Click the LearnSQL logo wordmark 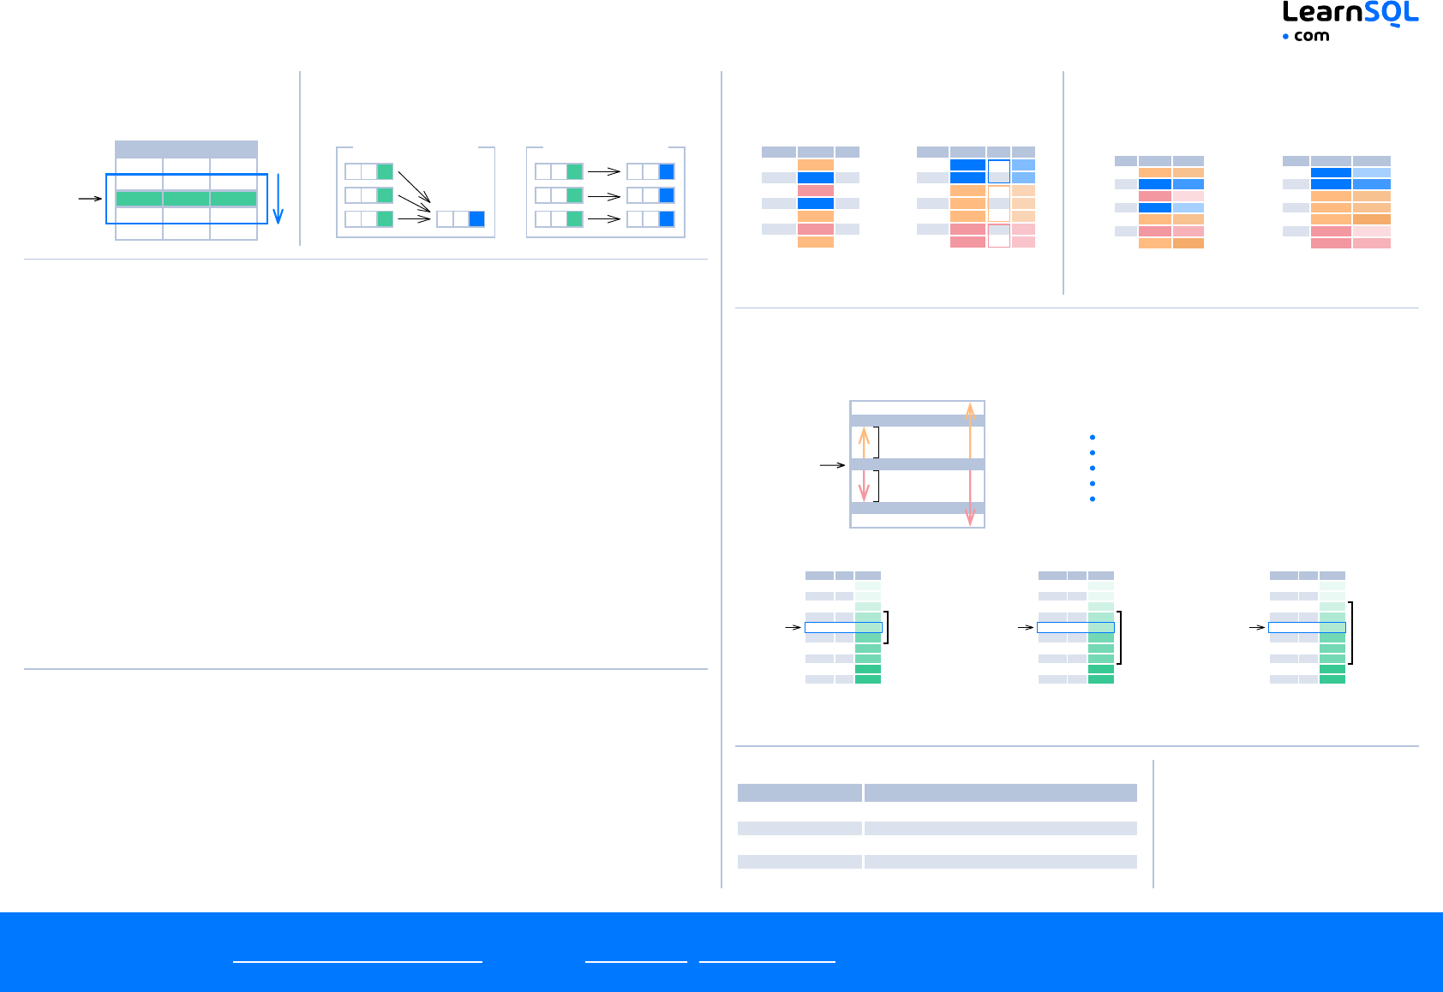pos(1350,14)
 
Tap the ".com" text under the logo pos(1311,36)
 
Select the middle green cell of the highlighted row pos(186,199)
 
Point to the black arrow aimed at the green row pos(90,199)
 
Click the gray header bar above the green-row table pos(186,149)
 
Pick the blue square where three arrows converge pos(476,218)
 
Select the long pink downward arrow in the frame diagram pos(970,497)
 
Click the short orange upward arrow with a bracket pos(864,443)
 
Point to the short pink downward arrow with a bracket pos(864,486)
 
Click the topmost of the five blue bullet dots pos(1093,438)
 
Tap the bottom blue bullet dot pos(1093,499)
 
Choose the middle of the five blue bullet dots pos(1093,468)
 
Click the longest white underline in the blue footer pos(357,962)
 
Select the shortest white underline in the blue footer pos(636,962)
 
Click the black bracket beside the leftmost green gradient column pos(887,627)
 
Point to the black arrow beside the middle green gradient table pos(1026,627)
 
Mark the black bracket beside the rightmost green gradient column pos(1351,633)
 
